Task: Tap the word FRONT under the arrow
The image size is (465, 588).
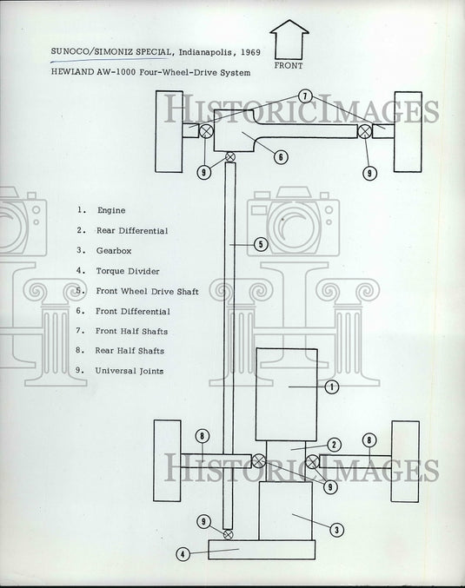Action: click(289, 66)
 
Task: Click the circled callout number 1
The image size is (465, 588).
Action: click(331, 386)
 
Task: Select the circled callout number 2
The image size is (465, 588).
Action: click(334, 445)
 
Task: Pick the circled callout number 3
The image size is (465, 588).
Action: click(336, 530)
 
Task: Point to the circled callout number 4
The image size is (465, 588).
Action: click(183, 554)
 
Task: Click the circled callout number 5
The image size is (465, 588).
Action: click(261, 245)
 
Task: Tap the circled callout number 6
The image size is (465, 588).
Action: click(281, 156)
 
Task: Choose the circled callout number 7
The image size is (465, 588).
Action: click(305, 96)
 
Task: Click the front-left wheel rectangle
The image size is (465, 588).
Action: click(169, 132)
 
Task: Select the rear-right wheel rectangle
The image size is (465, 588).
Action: click(405, 461)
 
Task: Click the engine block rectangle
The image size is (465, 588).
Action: click(287, 394)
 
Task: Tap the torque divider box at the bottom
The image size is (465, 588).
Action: click(262, 550)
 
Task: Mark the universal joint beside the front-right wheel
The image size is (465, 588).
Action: click(364, 131)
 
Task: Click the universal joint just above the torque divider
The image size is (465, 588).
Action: click(228, 534)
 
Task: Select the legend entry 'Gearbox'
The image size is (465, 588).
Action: click(114, 250)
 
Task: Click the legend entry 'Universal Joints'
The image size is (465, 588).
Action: click(130, 371)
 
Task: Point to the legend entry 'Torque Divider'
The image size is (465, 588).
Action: click(128, 271)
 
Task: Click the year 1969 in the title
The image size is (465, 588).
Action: click(250, 52)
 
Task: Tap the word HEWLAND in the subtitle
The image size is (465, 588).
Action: click(72, 72)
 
